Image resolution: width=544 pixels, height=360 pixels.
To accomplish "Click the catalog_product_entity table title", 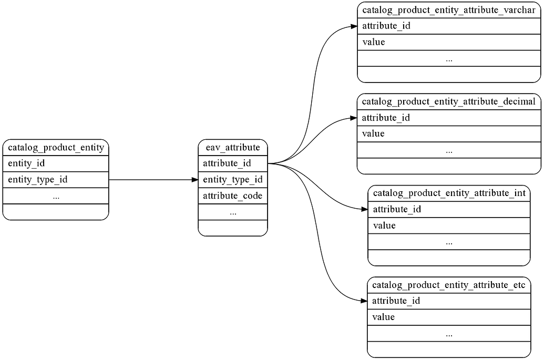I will click(x=55, y=147).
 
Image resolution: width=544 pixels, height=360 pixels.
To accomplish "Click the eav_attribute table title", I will click(x=233, y=147).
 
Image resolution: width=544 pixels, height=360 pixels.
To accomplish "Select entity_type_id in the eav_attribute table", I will click(x=233, y=180).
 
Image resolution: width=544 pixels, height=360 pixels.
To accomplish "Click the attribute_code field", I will click(x=233, y=196).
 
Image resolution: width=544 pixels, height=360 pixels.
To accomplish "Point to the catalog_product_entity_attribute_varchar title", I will click(x=449, y=10).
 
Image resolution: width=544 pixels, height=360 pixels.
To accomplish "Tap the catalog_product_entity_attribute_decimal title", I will click(x=449, y=101).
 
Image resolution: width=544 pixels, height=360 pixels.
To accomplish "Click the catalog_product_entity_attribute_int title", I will click(x=449, y=193).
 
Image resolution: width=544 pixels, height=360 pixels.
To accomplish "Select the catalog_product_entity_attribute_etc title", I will click(x=449, y=285).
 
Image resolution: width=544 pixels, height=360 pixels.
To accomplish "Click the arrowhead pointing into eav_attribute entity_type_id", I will click(x=194, y=180).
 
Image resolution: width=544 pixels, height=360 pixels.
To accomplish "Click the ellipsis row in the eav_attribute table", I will click(x=233, y=212).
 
